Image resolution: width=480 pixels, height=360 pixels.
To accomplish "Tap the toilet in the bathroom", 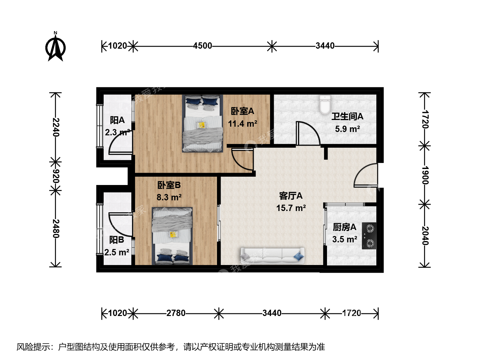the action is click(325, 105).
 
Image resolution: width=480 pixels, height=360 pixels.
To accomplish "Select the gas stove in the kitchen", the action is click(369, 236).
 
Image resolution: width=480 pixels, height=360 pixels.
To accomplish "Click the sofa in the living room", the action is click(272, 256).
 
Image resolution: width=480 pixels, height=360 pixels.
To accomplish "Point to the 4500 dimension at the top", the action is click(202, 46).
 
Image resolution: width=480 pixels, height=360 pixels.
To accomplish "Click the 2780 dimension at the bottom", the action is click(176, 313).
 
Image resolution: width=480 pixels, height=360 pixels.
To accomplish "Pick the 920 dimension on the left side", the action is click(56, 176).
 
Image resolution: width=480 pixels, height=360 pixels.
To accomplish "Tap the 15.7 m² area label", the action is click(291, 208).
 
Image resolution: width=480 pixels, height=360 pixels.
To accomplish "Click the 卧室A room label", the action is click(242, 111).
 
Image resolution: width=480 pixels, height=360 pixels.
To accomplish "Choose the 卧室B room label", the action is click(169, 185).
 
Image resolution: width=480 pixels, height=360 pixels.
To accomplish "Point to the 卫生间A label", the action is click(347, 116).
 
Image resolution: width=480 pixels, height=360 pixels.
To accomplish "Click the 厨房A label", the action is click(344, 227).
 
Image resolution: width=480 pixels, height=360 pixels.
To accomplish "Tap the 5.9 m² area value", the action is click(347, 129).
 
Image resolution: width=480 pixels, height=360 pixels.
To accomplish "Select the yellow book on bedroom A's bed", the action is click(201, 125).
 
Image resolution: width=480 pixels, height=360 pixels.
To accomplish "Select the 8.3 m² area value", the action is click(169, 197).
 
